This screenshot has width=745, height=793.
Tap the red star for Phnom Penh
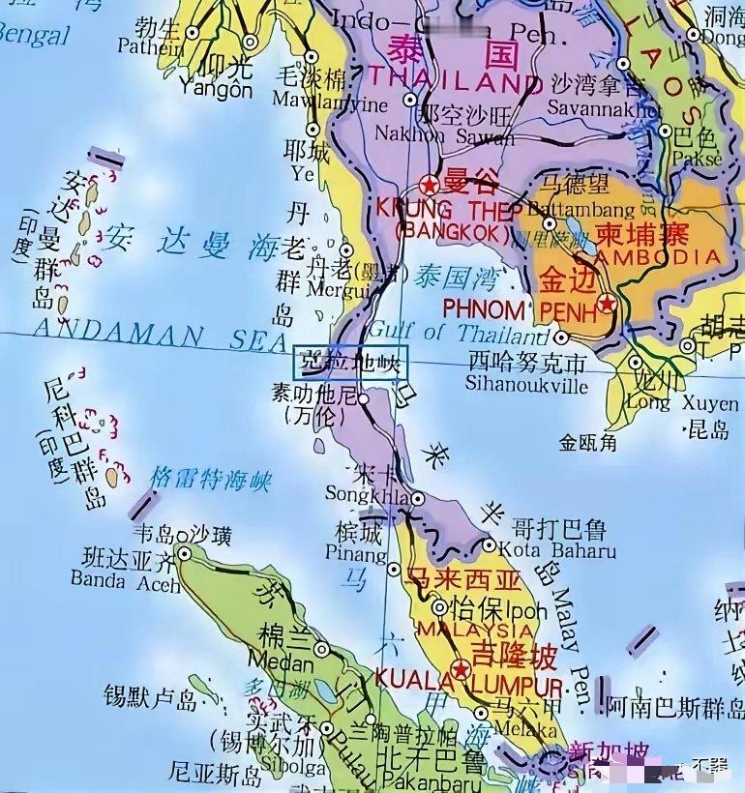pos(607,304)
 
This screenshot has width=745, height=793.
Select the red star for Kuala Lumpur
pos(461,669)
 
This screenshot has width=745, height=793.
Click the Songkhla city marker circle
pos(417,499)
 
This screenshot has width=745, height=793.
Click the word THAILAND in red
pos(451,79)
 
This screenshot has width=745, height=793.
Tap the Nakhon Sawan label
pos(445,135)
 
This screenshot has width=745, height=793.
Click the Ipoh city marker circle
pos(440,607)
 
